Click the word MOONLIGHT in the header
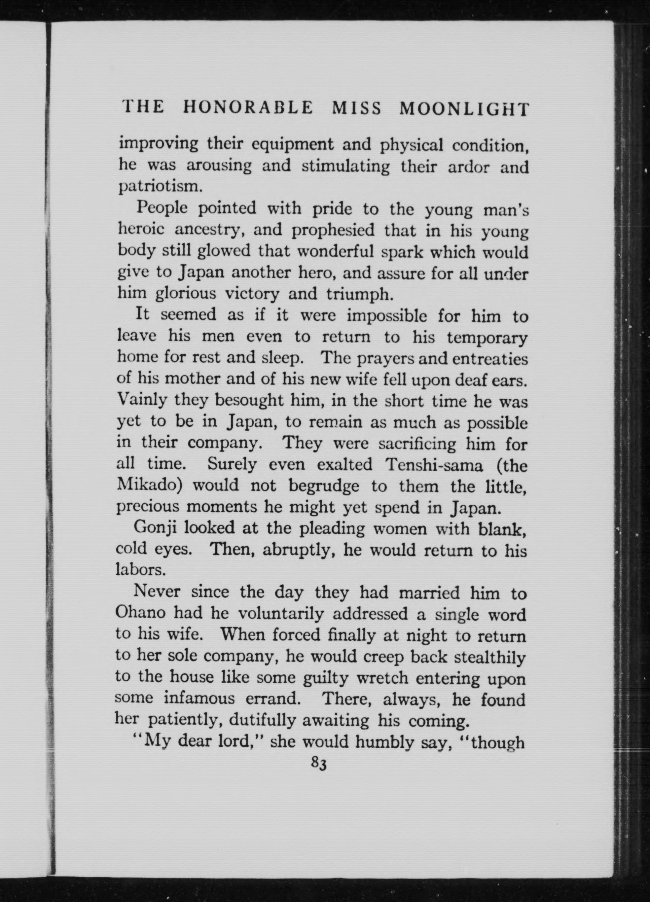(464, 108)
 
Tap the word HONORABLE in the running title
(248, 107)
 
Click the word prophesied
(333, 230)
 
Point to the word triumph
(360, 294)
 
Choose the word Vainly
(142, 400)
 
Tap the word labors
(140, 570)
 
